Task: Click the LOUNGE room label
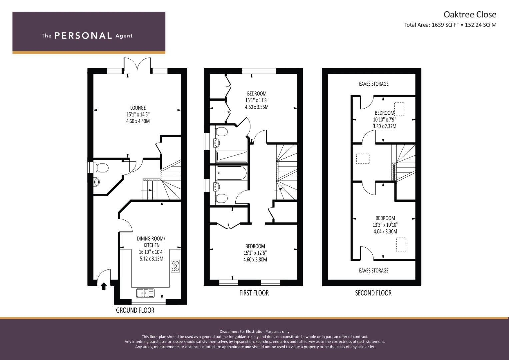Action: click(138, 108)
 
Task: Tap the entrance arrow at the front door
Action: click(104, 286)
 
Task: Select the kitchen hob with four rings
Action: click(175, 266)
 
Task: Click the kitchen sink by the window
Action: click(145, 293)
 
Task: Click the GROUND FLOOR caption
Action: click(135, 310)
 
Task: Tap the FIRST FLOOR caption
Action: click(254, 293)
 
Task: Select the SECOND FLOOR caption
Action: click(373, 293)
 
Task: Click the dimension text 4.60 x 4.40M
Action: click(138, 121)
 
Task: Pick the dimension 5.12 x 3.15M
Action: click(152, 259)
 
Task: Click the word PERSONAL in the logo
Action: click(83, 36)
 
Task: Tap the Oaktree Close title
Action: click(470, 15)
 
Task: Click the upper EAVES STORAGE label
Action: click(374, 84)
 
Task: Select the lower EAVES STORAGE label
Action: click(374, 270)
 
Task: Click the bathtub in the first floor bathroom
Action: click(231, 173)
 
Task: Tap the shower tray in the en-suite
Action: click(231, 157)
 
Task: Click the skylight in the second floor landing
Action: click(363, 159)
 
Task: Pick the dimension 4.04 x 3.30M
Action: click(385, 232)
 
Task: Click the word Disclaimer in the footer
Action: click(229, 332)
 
